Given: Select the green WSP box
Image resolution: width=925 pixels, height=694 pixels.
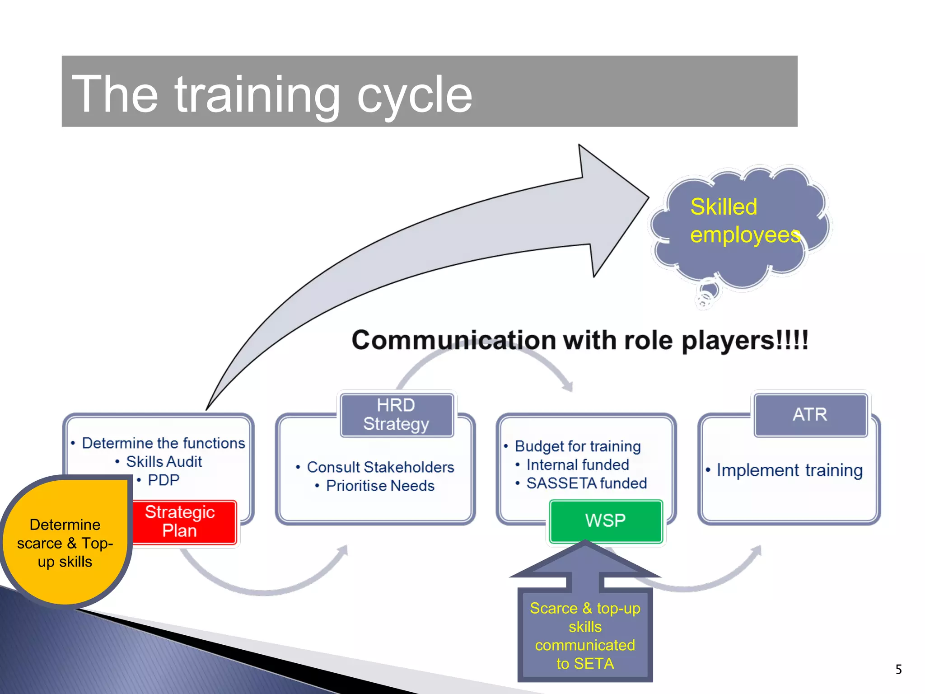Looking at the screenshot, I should tap(605, 520).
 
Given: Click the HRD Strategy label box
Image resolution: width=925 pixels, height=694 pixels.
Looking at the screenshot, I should tap(396, 414).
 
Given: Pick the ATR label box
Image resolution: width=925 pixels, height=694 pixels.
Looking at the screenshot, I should tap(810, 414).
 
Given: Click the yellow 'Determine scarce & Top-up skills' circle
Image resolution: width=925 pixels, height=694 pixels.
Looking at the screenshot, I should tap(65, 543).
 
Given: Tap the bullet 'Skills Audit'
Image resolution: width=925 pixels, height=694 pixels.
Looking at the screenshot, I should tap(164, 461).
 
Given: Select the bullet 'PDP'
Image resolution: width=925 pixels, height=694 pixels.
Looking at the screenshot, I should tap(163, 480).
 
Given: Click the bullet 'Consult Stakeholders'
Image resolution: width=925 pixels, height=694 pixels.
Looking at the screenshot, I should tap(380, 467).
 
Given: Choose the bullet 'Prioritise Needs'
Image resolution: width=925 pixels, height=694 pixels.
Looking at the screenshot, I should tap(380, 486).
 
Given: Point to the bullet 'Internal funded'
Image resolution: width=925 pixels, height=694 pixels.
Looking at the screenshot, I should tap(577, 464).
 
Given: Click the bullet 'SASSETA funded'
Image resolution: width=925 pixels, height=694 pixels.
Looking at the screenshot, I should tap(586, 483).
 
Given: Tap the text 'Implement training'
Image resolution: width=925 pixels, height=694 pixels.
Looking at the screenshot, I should tap(789, 470).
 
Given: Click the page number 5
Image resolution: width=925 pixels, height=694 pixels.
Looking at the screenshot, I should tap(898, 669).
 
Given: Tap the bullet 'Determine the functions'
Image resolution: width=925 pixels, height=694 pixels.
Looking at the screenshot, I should tap(163, 443).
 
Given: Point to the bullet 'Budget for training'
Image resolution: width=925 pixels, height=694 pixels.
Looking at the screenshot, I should tap(577, 446).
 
